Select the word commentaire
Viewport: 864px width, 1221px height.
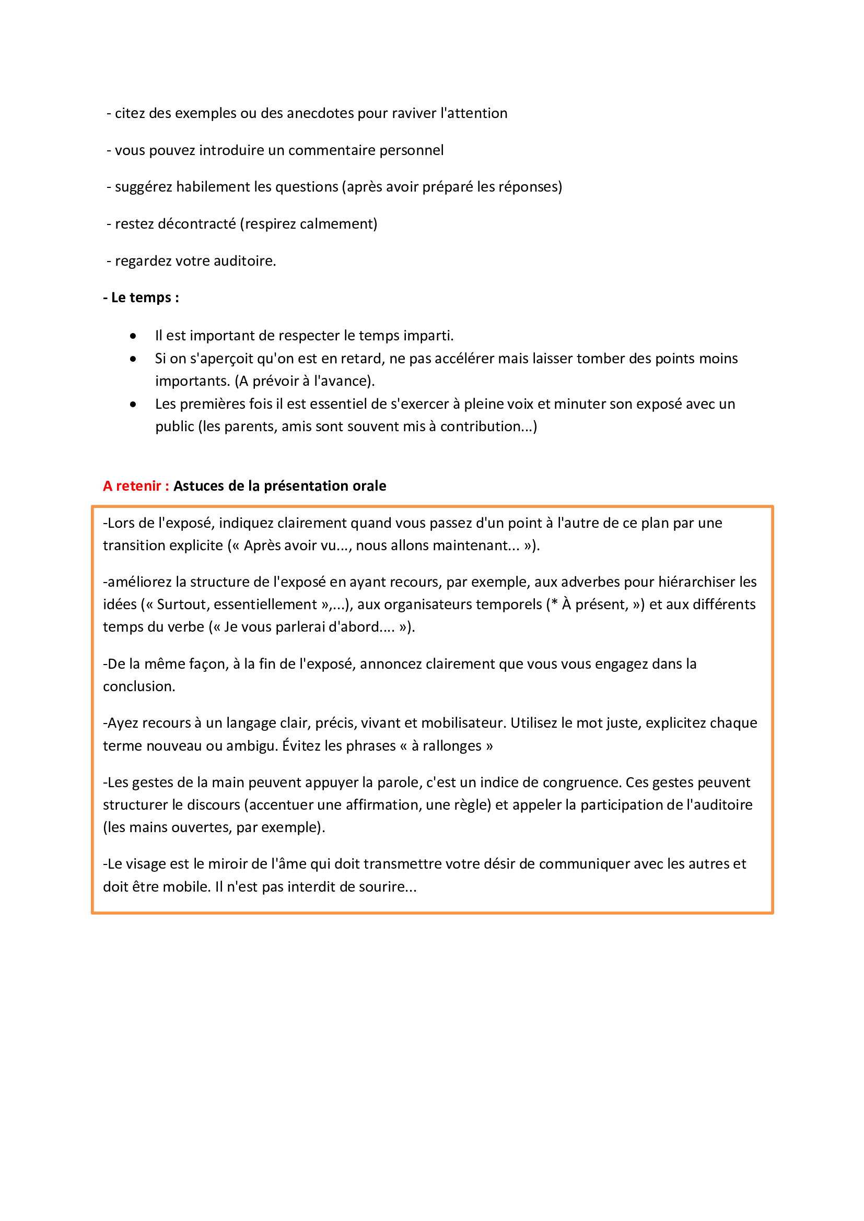[329, 150]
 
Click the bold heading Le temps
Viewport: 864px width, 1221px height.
[141, 298]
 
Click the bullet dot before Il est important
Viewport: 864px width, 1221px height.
[133, 336]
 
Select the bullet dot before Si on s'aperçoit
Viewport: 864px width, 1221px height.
[133, 359]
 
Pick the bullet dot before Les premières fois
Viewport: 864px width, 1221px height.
[133, 405]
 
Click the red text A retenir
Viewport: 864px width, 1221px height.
[136, 486]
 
